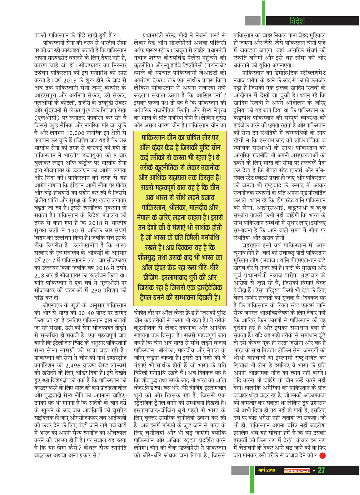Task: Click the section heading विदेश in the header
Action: [297, 21]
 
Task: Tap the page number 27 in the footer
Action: [321, 470]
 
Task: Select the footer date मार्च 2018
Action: [267, 470]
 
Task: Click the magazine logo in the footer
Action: [297, 470]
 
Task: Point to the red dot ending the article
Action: [322, 455]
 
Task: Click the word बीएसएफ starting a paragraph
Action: [52, 305]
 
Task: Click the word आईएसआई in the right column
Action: [272, 208]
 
